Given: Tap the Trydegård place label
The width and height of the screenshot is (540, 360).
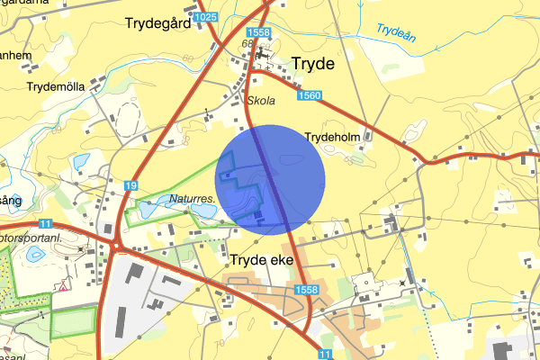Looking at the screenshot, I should pyautogui.click(x=158, y=24).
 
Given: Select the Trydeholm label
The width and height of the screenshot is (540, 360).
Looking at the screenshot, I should pyautogui.click(x=332, y=137).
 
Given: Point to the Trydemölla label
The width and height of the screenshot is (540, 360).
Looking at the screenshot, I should pyautogui.click(x=56, y=86).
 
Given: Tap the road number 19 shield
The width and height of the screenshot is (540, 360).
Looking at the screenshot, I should pyautogui.click(x=131, y=185).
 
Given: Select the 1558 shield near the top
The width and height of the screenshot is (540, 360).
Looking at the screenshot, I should pyautogui.click(x=257, y=33).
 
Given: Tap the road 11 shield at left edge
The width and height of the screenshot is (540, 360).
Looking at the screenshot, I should pyautogui.click(x=45, y=224).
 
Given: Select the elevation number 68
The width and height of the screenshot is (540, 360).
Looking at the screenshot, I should pyautogui.click(x=247, y=43).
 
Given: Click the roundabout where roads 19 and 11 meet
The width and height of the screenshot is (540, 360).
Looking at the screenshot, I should pyautogui.click(x=117, y=243).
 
